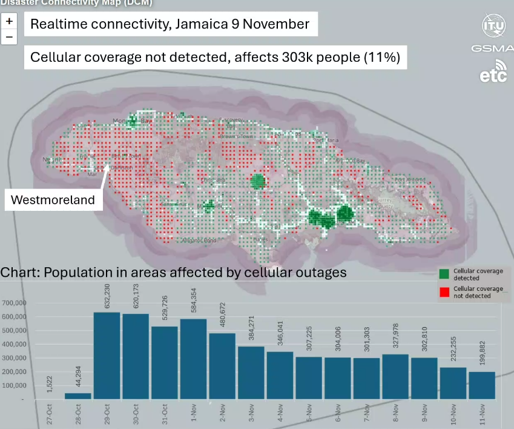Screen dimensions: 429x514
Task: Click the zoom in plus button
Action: click(9, 21)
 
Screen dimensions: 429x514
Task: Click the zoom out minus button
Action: click(9, 37)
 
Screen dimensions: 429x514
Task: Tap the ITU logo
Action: click(493, 25)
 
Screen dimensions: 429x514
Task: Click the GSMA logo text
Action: click(492, 47)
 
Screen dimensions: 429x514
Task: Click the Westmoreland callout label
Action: click(53, 200)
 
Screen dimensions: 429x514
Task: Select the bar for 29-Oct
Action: click(108, 356)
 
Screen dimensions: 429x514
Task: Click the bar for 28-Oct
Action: click(78, 396)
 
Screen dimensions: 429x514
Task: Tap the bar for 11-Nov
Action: click(481, 385)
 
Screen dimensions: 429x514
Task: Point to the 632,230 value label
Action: click(108, 296)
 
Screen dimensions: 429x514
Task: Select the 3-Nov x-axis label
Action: click(251, 414)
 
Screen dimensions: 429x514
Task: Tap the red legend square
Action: click(444, 292)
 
